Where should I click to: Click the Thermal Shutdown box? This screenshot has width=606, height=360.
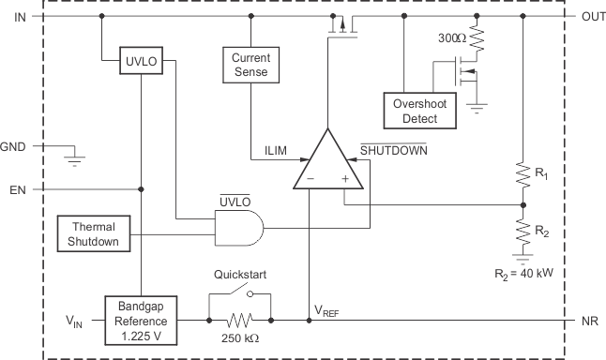94,233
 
